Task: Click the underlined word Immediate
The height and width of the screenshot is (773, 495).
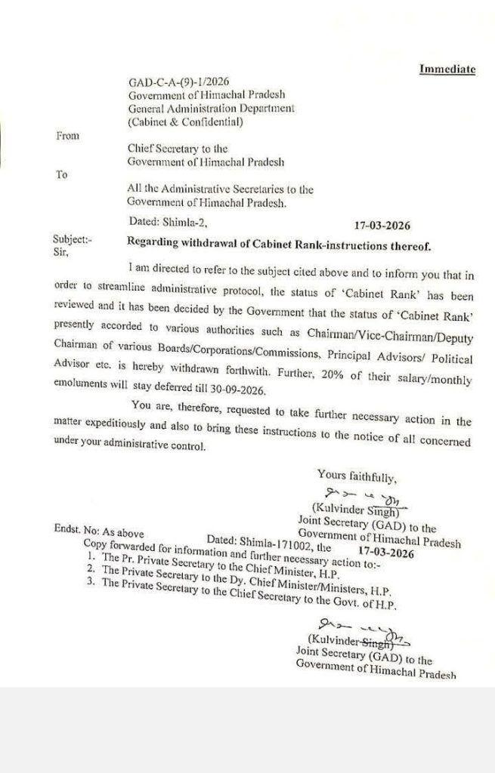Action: [447, 69]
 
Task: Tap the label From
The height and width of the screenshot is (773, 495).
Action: [67, 136]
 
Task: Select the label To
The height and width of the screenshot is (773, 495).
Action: [62, 174]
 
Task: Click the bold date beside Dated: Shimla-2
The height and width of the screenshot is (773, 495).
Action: [382, 224]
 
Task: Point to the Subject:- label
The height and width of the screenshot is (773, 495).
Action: [72, 240]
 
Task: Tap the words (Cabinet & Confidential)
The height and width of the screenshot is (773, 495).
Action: [186, 121]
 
